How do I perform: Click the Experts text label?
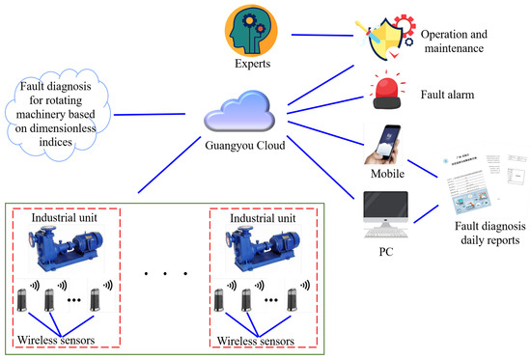coord(252,64)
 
